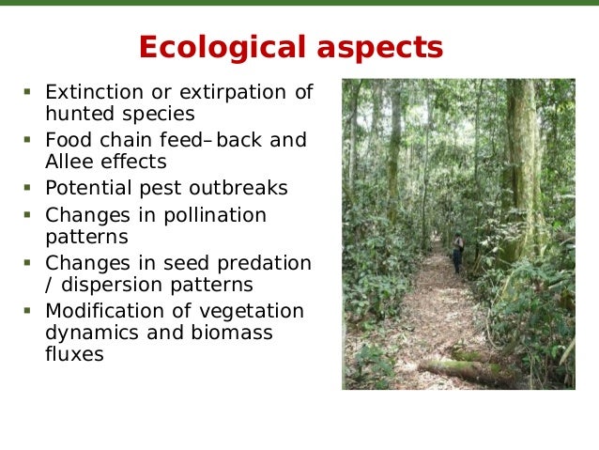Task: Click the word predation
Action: coord(266,263)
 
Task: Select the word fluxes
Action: coord(74,355)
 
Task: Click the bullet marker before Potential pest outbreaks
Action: coord(28,187)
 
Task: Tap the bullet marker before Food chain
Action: coord(28,139)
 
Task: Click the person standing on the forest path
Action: coord(457,252)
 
